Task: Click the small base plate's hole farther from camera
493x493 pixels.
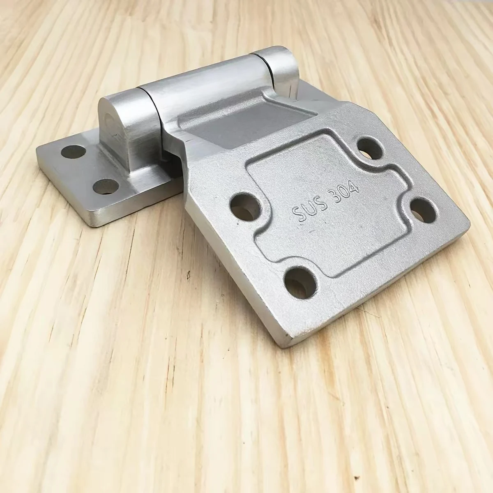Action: (74, 151)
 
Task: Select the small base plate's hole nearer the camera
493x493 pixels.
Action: (106, 187)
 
